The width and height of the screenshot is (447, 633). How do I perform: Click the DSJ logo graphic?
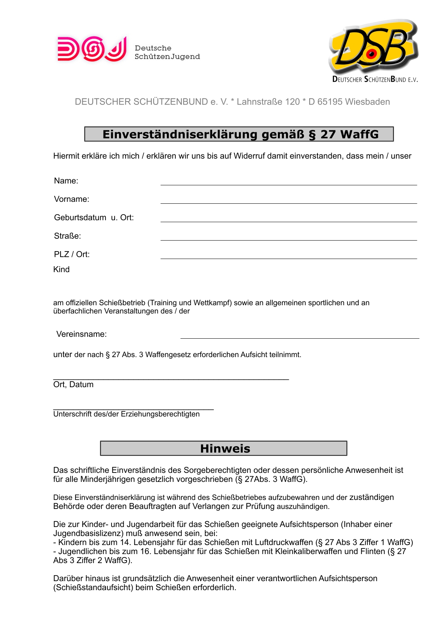pyautogui.click(x=92, y=49)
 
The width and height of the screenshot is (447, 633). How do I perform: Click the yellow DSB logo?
pyautogui.click(x=373, y=47)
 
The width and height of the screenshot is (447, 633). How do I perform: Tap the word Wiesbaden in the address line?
pyautogui.click(x=367, y=102)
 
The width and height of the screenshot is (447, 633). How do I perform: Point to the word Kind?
pyautogui.click(x=61, y=270)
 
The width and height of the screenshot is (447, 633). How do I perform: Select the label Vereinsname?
pyautogui.click(x=82, y=334)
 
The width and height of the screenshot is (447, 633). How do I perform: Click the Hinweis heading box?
pyautogui.click(x=223, y=448)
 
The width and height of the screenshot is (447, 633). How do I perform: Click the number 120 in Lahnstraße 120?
pyautogui.click(x=292, y=102)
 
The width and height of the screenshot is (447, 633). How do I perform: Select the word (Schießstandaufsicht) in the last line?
pyautogui.click(x=93, y=588)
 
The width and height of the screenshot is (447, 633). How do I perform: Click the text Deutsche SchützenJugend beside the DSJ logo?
pyautogui.click(x=167, y=53)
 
